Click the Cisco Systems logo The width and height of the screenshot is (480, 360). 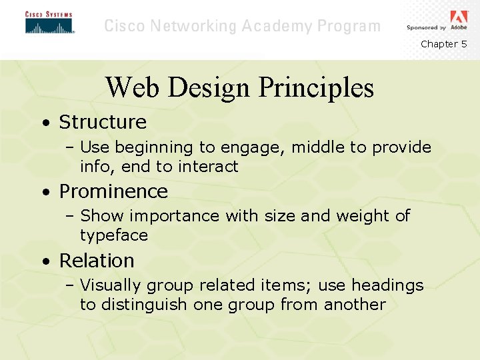click(x=49, y=23)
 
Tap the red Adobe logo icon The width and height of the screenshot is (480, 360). click(x=459, y=17)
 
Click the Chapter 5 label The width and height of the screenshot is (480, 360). click(x=443, y=44)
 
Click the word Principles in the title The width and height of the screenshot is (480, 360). click(x=315, y=87)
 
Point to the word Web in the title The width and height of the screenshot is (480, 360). click(x=131, y=87)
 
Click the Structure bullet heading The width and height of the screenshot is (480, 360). click(x=103, y=122)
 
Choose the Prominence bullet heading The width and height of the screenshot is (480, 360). click(x=113, y=191)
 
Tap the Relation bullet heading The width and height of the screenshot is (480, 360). click(x=97, y=261)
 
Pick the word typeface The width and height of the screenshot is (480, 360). click(x=114, y=235)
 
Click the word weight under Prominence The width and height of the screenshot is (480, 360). click(x=363, y=216)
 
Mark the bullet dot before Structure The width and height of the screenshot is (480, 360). click(x=44, y=123)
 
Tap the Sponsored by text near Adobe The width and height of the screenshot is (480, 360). click(x=426, y=28)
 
